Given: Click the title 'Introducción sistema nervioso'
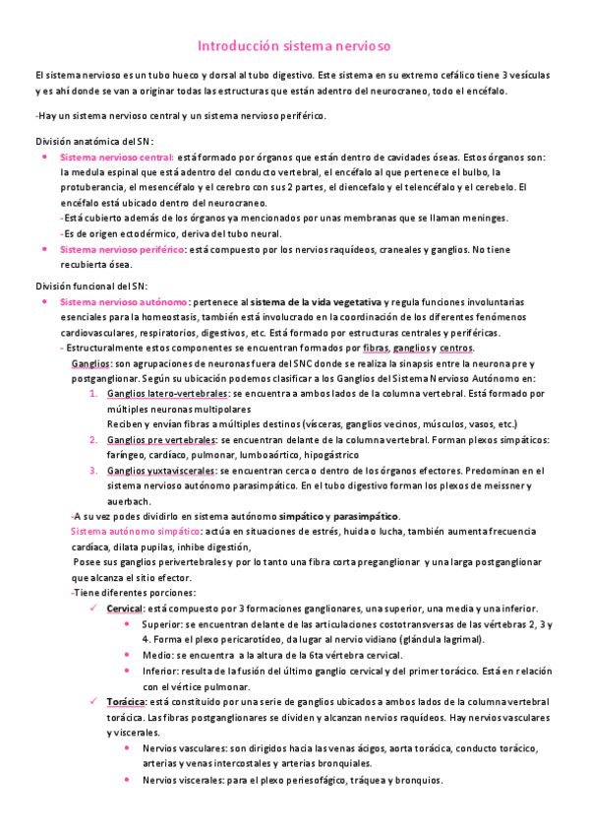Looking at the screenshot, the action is pyautogui.click(x=295, y=46).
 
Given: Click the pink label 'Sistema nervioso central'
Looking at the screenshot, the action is pyautogui.click(x=116, y=157).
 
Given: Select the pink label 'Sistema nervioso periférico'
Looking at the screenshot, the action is pyautogui.click(x=122, y=249).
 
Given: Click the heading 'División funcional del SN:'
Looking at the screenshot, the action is pyautogui.click(x=79, y=286).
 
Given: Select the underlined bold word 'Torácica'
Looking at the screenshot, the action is pyautogui.click(x=125, y=700).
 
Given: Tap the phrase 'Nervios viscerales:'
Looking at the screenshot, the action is pyautogui.click(x=179, y=780).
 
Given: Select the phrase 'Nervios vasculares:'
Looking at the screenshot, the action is pyautogui.click(x=182, y=747).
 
